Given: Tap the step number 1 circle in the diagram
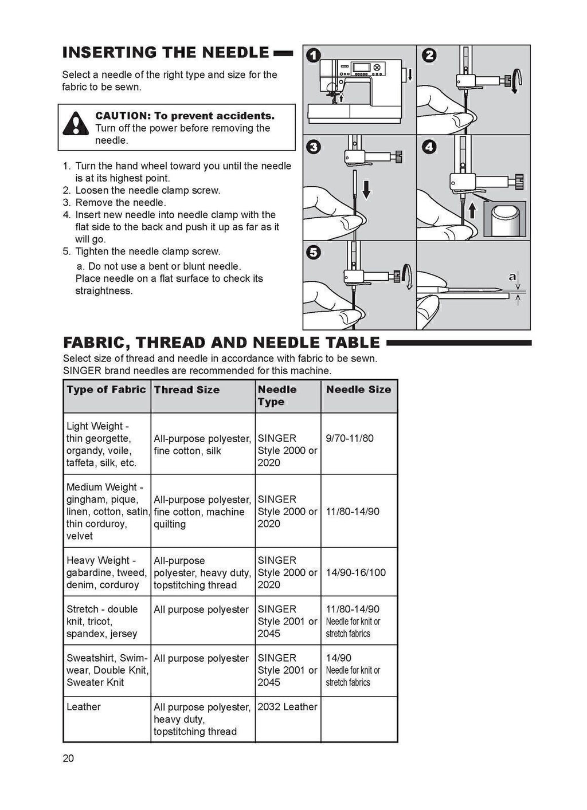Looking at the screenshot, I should point(314,56).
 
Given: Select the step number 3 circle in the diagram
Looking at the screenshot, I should point(313,147).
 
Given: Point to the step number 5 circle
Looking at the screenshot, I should point(313,253).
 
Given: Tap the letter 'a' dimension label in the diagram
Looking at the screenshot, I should point(512,277).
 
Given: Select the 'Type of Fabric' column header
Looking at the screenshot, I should point(106,390).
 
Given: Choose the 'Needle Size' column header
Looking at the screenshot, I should point(358,390).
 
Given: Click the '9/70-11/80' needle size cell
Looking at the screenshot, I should point(350,438).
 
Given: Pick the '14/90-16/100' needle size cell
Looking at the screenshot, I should point(355,572).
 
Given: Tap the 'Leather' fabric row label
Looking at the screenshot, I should point(84,706).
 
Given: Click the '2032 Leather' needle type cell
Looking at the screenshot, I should point(287,706).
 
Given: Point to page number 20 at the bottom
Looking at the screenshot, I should point(68,758).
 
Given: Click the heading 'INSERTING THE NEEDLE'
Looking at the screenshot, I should point(165,53).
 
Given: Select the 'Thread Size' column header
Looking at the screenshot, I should point(187,390).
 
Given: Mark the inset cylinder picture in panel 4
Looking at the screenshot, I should point(505,218).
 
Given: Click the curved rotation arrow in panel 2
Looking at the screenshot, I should point(516,81).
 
